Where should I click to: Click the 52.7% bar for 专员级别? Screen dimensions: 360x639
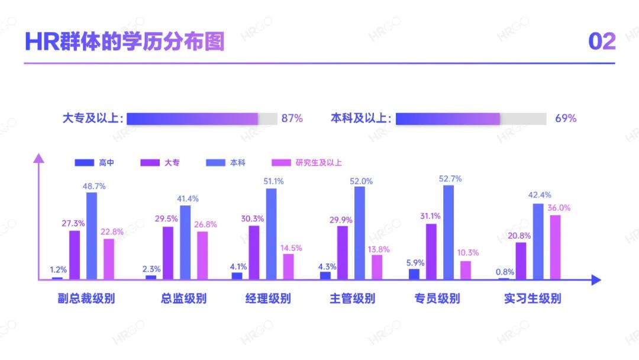click(x=448, y=232)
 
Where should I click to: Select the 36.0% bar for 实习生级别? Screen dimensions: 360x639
click(x=555, y=247)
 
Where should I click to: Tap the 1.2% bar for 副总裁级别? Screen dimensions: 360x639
click(x=57, y=278)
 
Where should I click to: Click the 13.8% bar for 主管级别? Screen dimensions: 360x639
click(x=377, y=267)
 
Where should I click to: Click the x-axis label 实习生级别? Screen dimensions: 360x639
click(x=532, y=298)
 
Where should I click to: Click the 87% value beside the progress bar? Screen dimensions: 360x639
click(x=292, y=118)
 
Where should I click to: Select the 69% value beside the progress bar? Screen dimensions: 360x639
click(x=565, y=118)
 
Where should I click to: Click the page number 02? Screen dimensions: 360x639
click(x=601, y=41)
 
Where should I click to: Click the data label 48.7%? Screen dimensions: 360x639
click(x=94, y=186)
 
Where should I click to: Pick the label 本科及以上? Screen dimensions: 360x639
click(x=361, y=118)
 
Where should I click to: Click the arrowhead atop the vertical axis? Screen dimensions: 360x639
click(x=38, y=157)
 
